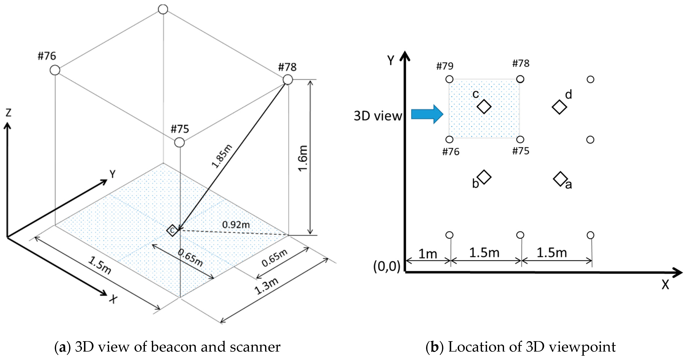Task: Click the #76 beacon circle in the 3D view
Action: point(55,70)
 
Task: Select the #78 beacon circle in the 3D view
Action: point(288,79)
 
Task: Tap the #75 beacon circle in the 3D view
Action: point(179,142)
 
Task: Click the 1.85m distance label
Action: point(222,156)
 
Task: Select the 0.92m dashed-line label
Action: point(236,225)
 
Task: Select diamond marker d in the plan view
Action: point(559,107)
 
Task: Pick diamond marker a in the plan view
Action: point(560,179)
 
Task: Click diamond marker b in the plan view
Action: point(484,177)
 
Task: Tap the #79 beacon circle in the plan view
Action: point(449,79)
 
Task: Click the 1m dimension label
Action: point(428,254)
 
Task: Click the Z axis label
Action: point(9,113)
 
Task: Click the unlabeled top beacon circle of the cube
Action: point(163,9)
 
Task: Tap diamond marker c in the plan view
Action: point(484,107)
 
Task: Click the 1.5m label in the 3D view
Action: point(100,265)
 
